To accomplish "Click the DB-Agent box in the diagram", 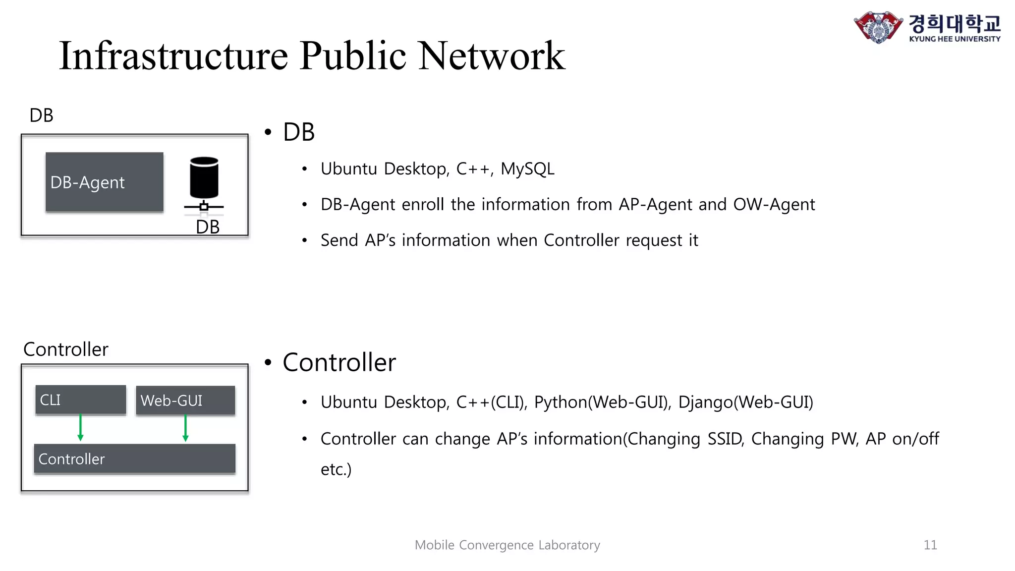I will coord(104,182).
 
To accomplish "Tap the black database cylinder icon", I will coord(204,177).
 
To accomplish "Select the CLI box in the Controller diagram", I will coord(80,400).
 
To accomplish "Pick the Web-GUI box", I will coord(185,400).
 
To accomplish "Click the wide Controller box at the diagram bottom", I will coord(134,459).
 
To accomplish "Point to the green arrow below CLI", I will coord(80,428).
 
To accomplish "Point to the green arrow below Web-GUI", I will coord(185,428).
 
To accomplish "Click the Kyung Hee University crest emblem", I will coord(878,27).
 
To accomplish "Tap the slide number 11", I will coord(930,545).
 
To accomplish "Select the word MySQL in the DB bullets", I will coord(527,169).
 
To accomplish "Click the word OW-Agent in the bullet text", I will coord(774,204).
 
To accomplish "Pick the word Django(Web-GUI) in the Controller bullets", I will coord(745,402).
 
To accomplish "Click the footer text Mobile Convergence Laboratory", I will coord(507,545).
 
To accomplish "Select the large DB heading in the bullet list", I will coord(298,132).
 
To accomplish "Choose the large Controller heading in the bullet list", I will coord(339,362).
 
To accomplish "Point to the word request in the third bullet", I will coord(654,240).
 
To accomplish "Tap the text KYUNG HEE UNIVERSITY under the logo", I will coord(955,39).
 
